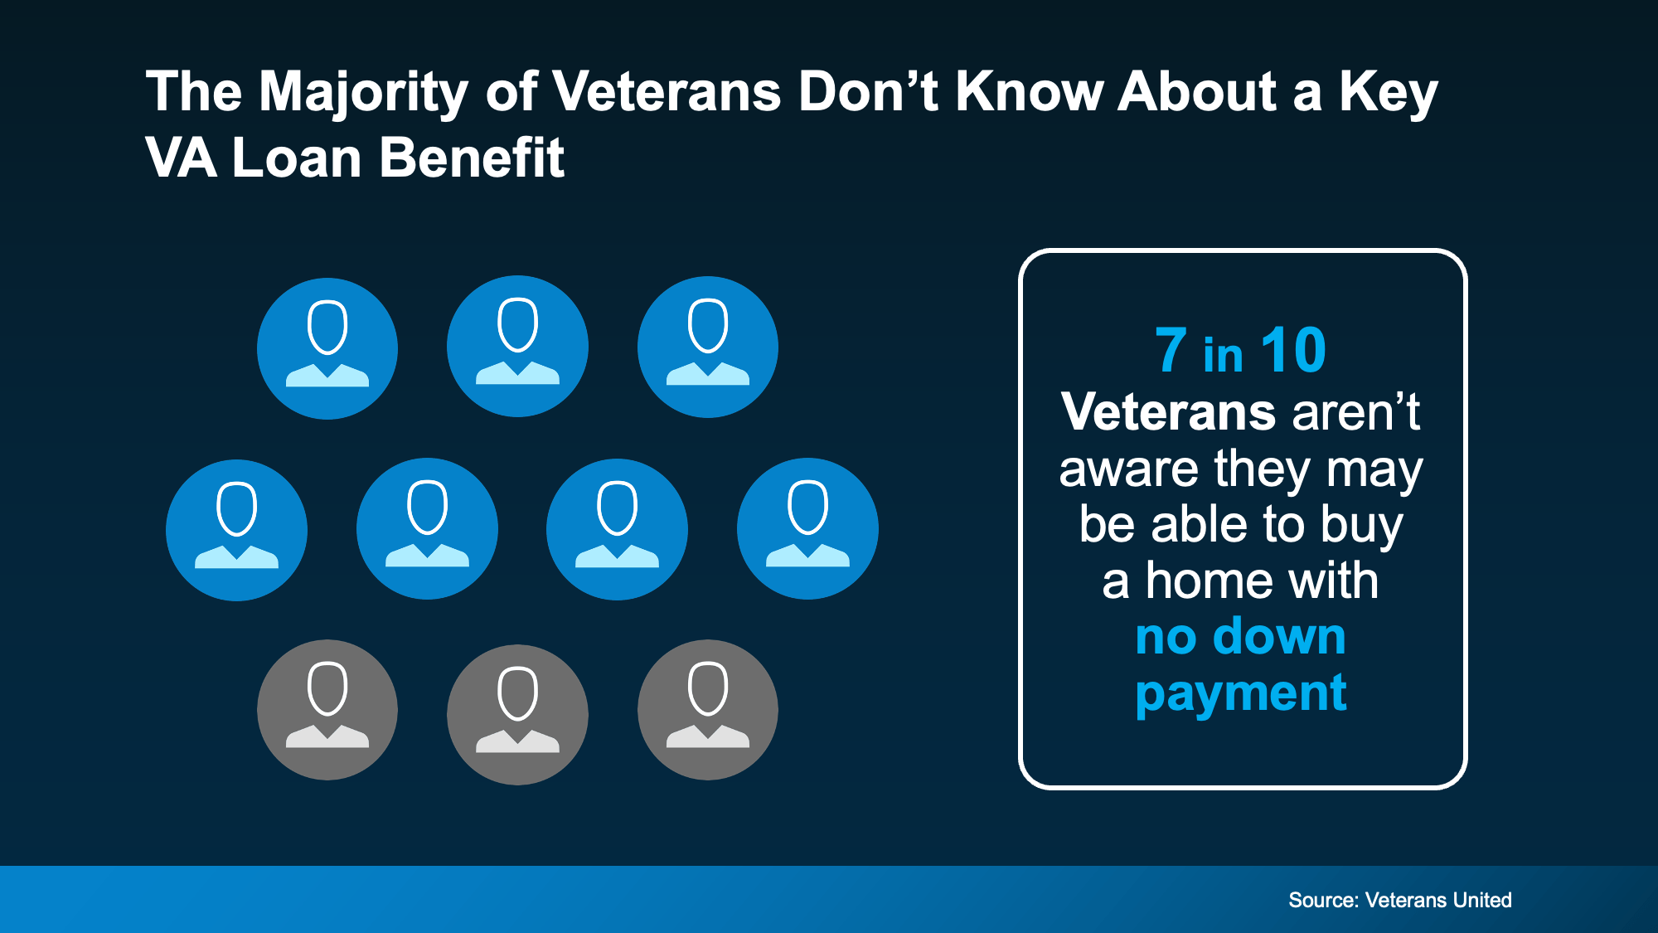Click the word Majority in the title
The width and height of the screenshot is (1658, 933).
tap(363, 91)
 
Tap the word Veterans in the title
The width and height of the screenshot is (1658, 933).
tap(667, 91)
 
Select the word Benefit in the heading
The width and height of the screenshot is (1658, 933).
tap(472, 158)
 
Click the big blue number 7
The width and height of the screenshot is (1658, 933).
tap(1171, 351)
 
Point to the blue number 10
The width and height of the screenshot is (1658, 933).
tap(1292, 351)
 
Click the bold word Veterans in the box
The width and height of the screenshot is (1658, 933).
tap(1168, 412)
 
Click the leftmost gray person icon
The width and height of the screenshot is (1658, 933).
tap(327, 709)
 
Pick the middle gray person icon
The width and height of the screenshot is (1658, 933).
tap(517, 714)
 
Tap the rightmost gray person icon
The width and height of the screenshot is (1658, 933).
tap(707, 709)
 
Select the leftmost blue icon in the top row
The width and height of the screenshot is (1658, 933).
tap(327, 348)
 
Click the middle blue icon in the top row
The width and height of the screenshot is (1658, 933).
tap(517, 346)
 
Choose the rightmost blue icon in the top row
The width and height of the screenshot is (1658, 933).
tap(707, 347)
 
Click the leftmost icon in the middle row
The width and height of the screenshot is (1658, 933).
tap(236, 530)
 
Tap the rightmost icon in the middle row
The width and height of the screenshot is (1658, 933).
tap(807, 528)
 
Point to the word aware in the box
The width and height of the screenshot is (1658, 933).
tap(1128, 469)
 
